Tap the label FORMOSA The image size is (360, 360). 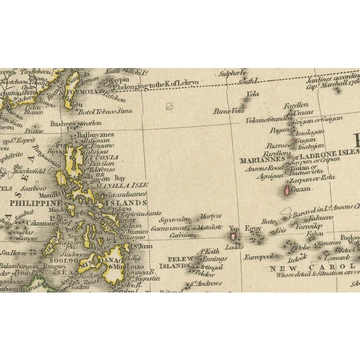click(x=79, y=92)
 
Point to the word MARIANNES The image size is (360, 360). click(x=259, y=159)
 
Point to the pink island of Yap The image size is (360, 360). click(x=233, y=237)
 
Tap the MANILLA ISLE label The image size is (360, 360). click(x=121, y=184)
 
